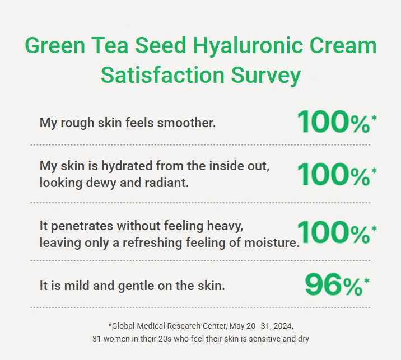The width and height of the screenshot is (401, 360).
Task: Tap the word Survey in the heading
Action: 265,74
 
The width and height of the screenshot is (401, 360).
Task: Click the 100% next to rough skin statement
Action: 333,121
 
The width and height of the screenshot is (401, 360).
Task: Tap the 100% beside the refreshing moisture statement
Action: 333,232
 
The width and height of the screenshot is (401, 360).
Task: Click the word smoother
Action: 188,123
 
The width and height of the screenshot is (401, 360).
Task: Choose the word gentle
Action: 134,286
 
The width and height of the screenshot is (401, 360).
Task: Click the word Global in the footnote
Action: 124,325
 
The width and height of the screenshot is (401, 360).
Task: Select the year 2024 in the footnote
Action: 282,325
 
